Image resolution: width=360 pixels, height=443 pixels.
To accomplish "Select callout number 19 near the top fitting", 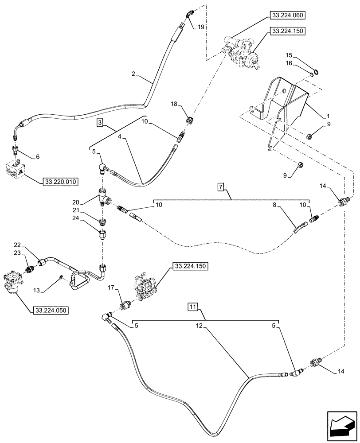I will [x=201, y=27].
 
